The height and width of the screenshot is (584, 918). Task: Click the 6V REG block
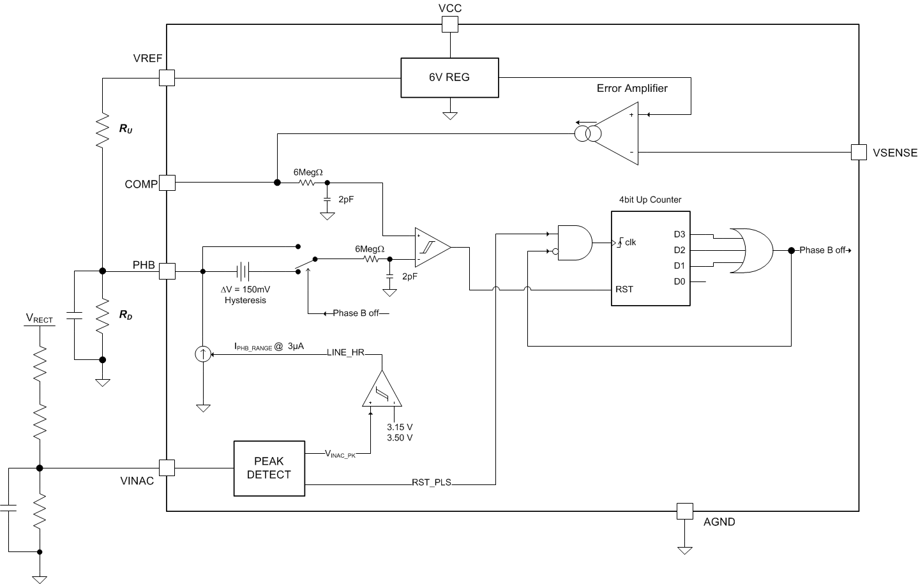pyautogui.click(x=449, y=78)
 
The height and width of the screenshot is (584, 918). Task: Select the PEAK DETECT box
pyautogui.click(x=269, y=468)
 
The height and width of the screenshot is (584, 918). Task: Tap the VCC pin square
pyautogui.click(x=450, y=24)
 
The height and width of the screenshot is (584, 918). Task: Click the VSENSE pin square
pyautogui.click(x=859, y=152)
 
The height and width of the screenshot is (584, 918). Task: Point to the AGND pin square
pyautogui.click(x=684, y=511)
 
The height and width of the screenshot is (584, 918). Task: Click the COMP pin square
pyautogui.click(x=167, y=183)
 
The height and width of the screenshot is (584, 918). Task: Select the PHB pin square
pyautogui.click(x=167, y=271)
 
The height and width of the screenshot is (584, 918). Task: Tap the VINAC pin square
pyautogui.click(x=167, y=468)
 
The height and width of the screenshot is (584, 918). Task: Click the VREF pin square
pyautogui.click(x=167, y=78)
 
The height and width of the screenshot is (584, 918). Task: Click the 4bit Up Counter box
pyautogui.click(x=650, y=258)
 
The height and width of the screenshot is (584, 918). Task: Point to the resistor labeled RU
pyautogui.click(x=102, y=131)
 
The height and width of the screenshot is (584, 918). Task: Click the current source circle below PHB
pyautogui.click(x=202, y=354)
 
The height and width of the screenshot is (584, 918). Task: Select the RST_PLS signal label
pyautogui.click(x=432, y=483)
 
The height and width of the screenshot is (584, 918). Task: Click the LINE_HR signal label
pyautogui.click(x=345, y=352)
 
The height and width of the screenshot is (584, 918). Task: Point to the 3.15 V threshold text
pyautogui.click(x=400, y=427)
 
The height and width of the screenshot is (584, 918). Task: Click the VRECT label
pyautogui.click(x=39, y=318)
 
